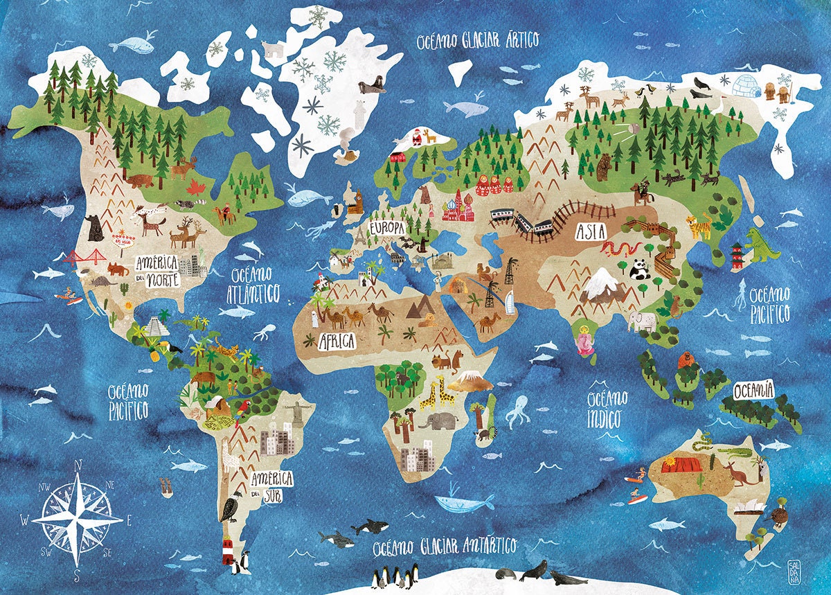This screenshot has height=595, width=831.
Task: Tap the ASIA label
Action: pyautogui.click(x=591, y=232)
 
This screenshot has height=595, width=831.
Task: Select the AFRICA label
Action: pyautogui.click(x=337, y=341)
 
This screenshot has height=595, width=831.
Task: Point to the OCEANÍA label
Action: pyautogui.click(x=751, y=391)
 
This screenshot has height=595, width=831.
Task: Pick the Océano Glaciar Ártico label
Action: pyautogui.click(x=477, y=40)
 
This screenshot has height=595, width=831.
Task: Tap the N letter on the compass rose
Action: pyautogui.click(x=78, y=465)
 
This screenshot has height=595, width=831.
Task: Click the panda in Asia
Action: pyautogui.click(x=640, y=269)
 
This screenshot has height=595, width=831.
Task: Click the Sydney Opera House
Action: pyautogui.click(x=749, y=508)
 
